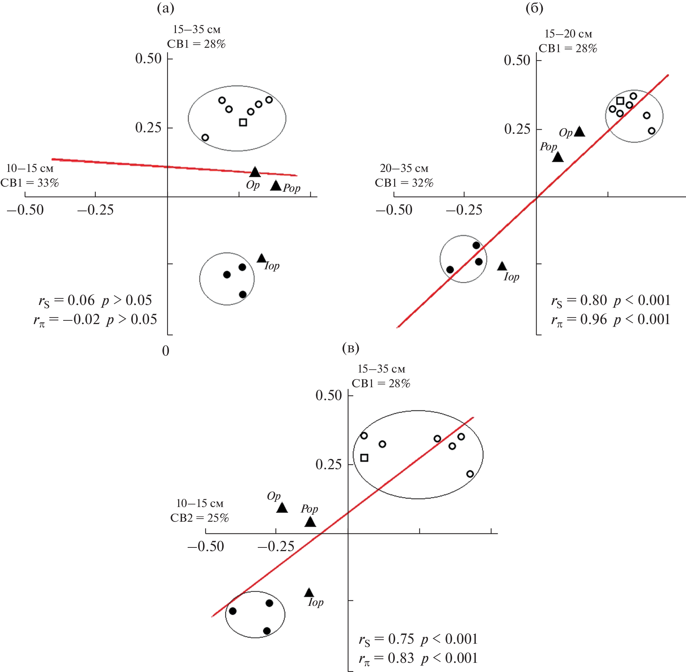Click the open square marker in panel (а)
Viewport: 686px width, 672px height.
[243, 122]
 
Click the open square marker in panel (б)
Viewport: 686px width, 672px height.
[620, 101]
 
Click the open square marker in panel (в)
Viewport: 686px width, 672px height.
[364, 458]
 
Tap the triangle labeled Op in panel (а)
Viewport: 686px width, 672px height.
[255, 172]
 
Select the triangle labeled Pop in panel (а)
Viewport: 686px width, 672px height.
[276, 185]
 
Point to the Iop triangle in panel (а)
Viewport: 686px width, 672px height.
[261, 258]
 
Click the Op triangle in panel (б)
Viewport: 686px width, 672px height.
[580, 131]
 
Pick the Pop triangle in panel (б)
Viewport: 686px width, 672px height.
[558, 157]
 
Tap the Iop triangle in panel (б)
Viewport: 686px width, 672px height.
[502, 266]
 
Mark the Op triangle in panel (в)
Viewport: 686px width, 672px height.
[282, 507]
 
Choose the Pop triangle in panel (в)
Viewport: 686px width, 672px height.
[310, 521]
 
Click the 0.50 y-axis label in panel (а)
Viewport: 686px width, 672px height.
[148, 58]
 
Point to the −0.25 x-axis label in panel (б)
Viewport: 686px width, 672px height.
[464, 210]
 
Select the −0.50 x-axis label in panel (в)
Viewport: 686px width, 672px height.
[206, 546]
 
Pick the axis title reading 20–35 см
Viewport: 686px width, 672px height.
[404, 168]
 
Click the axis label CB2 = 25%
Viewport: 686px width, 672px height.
[199, 518]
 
